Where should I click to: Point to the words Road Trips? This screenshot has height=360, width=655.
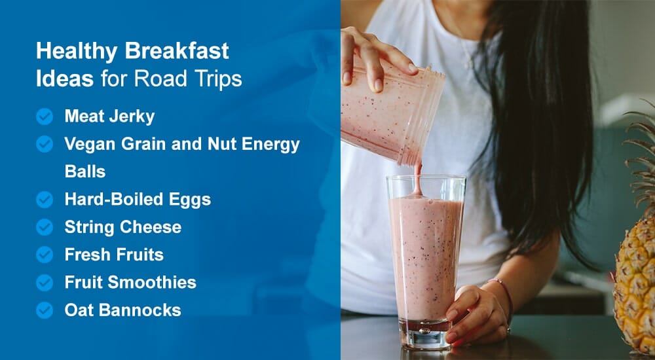[188, 79]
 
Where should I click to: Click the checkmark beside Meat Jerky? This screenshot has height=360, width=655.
[45, 117]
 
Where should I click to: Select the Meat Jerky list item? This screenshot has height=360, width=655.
[109, 117]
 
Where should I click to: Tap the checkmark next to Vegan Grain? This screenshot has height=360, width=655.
[45, 144]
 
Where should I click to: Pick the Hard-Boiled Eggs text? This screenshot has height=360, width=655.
[138, 200]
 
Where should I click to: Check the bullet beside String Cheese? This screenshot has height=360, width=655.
[45, 227]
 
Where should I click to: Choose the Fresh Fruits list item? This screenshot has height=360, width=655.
[114, 255]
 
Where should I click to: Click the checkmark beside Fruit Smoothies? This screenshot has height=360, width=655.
[45, 283]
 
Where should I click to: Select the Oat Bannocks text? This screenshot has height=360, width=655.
[122, 310]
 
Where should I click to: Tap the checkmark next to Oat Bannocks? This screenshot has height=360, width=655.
[45, 310]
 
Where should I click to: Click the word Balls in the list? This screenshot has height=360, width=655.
[85, 171]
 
